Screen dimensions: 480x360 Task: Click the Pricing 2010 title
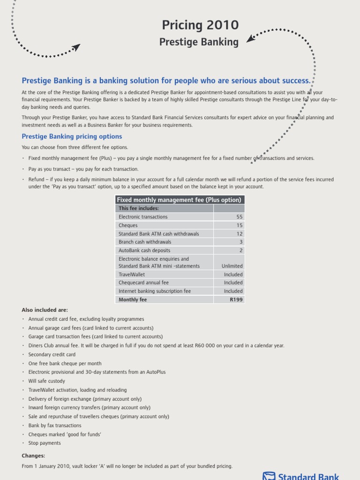tap(200, 25)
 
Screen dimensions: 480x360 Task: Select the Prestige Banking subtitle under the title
tap(199, 42)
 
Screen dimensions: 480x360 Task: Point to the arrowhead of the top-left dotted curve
tap(76, 47)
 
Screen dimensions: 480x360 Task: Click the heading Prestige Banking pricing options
tap(72, 136)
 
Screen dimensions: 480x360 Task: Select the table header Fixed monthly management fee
tap(179, 200)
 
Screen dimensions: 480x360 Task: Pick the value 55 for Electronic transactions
tap(239, 217)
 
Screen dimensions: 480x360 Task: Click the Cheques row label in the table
tap(128, 225)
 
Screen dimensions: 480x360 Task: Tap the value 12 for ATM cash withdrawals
tap(239, 234)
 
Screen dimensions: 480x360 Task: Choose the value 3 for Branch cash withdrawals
tap(241, 242)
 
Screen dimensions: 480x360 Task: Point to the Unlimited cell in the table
tap(232, 266)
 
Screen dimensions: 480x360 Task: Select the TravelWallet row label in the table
tap(132, 275)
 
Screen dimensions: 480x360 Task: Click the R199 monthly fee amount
tap(236, 300)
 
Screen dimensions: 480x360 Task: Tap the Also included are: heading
tap(45, 310)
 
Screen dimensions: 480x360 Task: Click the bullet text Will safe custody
tap(46, 381)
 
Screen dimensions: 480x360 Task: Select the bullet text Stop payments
tap(45, 443)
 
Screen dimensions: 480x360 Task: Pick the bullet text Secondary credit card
tap(52, 355)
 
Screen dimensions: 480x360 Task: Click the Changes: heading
tap(33, 456)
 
